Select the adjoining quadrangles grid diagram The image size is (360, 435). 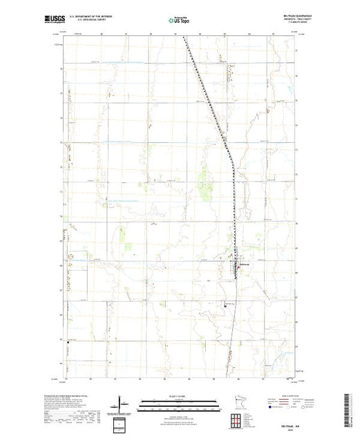237,420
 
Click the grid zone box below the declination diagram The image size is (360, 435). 120,423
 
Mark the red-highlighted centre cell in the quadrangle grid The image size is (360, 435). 237,420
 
